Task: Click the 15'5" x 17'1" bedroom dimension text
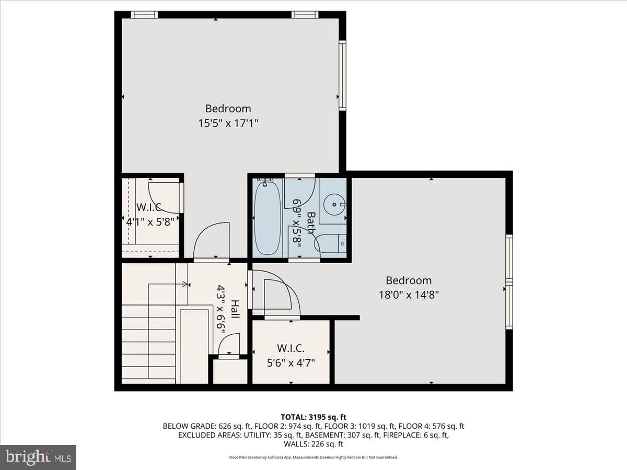[x=228, y=123]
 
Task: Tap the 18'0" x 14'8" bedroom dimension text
[x=409, y=295]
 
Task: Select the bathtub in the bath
[x=268, y=218]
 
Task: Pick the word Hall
[x=235, y=309]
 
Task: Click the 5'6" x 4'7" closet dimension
[x=291, y=363]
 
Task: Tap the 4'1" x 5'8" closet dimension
[x=150, y=222]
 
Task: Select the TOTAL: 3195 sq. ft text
[x=313, y=417]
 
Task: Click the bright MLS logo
[x=38, y=457]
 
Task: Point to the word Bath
[x=311, y=223]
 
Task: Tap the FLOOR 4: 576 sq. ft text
[x=431, y=426]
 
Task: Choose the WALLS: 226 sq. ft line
[x=313, y=444]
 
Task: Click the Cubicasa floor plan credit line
[x=313, y=457]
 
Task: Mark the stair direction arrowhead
[x=185, y=284]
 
